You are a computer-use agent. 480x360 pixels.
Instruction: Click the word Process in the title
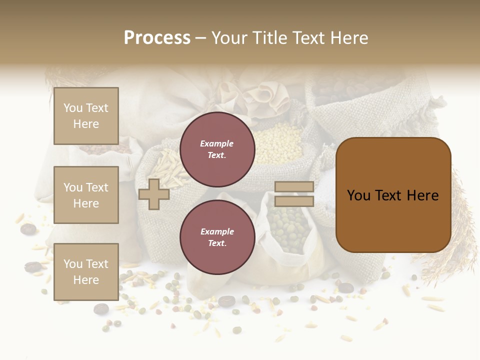(x=157, y=38)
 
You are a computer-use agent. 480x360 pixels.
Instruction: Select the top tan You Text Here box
(x=86, y=116)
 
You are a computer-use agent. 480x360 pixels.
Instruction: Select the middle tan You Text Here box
(x=86, y=195)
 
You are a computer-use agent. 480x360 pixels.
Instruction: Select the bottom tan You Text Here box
(x=86, y=271)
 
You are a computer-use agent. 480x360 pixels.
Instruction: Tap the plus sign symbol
(x=154, y=194)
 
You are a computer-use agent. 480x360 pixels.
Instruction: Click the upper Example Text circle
(x=217, y=149)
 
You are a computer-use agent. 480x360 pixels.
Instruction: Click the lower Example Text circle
(x=217, y=237)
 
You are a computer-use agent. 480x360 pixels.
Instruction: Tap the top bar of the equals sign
(x=294, y=187)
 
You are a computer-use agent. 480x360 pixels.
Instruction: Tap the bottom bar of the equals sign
(x=294, y=201)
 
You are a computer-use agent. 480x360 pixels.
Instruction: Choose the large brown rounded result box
(x=393, y=195)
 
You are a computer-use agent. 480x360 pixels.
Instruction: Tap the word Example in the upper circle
(x=217, y=143)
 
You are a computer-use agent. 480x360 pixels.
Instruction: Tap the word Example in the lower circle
(x=217, y=231)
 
